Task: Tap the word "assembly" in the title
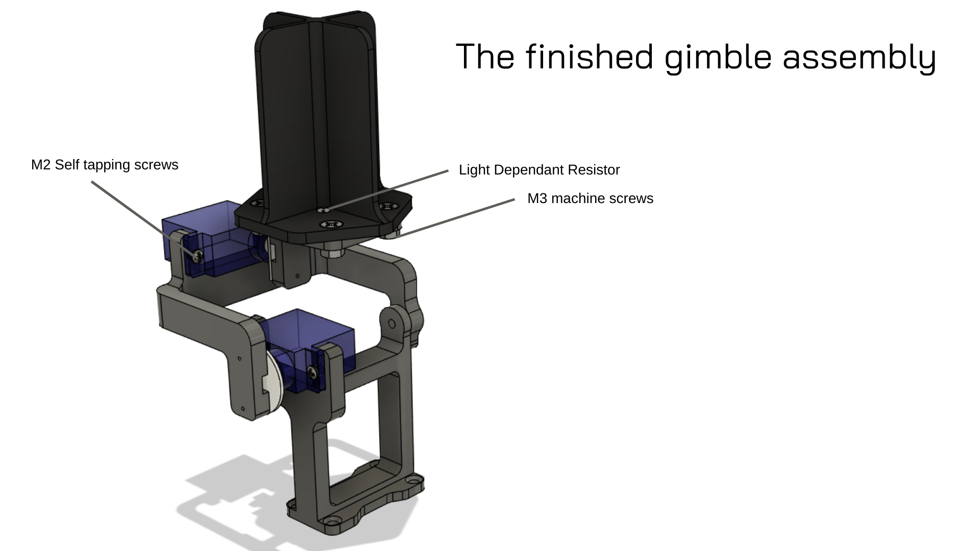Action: point(860,57)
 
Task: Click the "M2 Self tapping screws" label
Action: point(105,165)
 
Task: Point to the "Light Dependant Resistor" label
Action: point(539,170)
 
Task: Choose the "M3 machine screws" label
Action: point(590,198)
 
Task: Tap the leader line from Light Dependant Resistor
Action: point(388,190)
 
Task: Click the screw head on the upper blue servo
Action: point(198,255)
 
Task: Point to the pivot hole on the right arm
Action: point(392,324)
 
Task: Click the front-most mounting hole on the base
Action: point(332,522)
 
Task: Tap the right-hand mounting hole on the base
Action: point(412,481)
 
